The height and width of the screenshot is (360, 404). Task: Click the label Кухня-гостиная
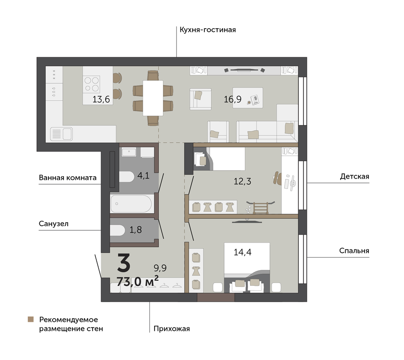point(208,30)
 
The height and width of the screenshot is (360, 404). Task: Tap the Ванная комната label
point(68,178)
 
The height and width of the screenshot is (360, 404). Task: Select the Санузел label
point(54,224)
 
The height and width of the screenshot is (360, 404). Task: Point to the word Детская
point(355,177)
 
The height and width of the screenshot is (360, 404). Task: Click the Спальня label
point(354,251)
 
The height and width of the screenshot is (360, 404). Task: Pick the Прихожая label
point(171,329)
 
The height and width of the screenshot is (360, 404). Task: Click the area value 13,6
point(101,100)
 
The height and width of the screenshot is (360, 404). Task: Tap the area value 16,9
point(233,99)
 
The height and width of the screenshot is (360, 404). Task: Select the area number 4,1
point(143,176)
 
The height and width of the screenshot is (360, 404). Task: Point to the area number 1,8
point(135,230)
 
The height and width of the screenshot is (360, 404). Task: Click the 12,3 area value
point(242,181)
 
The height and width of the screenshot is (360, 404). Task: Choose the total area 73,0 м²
point(137,281)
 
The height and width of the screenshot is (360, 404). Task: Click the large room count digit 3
point(124,263)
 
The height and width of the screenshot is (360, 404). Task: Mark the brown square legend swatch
point(31,320)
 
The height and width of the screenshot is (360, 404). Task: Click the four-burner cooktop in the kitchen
point(92,84)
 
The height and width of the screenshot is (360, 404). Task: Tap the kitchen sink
point(62,134)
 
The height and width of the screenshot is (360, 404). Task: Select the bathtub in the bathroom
point(132,203)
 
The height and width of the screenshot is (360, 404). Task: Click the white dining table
point(153,98)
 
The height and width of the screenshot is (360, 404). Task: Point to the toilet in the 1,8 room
point(117,231)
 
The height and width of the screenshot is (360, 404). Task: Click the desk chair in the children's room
point(277,178)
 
